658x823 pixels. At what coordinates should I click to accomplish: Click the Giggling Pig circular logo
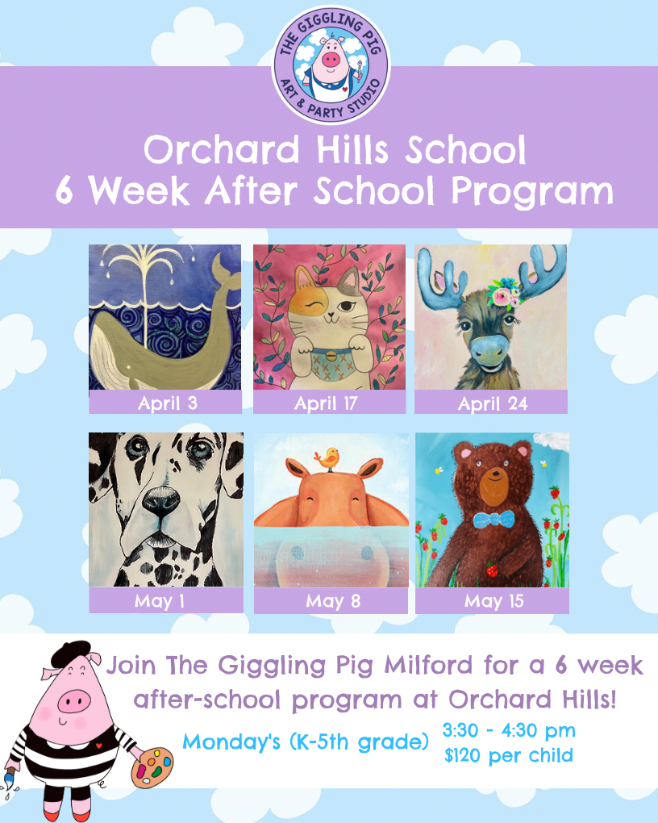[331, 65]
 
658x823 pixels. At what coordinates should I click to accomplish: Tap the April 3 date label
[168, 403]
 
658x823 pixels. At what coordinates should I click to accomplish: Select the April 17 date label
[326, 403]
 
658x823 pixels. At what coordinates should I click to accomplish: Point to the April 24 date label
[492, 403]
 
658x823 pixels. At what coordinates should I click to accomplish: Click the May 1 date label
[160, 600]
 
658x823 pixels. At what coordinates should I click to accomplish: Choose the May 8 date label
[333, 600]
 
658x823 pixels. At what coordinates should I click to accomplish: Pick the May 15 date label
[493, 600]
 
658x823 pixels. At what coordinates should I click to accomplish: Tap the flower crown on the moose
[504, 292]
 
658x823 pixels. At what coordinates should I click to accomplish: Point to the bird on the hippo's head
[327, 459]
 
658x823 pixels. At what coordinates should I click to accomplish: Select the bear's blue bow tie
[493, 520]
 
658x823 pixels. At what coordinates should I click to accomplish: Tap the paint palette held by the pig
[152, 767]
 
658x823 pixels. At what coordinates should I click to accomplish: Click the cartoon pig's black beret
[70, 654]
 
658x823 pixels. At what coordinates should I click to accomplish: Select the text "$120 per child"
[509, 755]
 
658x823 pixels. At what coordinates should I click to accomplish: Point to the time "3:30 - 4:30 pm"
[509, 730]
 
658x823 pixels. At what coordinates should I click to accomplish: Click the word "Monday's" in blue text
[231, 742]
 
